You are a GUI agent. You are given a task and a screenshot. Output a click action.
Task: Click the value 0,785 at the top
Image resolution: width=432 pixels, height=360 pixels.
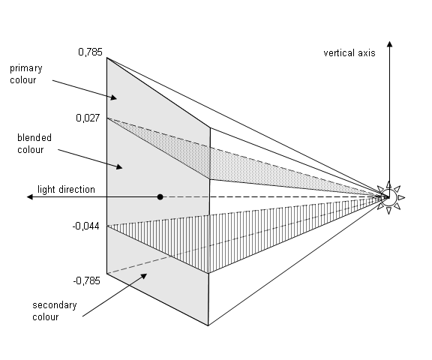coord(89,52)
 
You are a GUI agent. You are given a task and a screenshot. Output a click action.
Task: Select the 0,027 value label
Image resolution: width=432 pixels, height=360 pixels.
coord(89,118)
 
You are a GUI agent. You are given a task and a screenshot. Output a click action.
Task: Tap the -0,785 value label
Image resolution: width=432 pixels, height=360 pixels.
coord(87,280)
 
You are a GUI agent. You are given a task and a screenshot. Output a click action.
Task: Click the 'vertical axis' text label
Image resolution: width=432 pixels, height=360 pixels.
coord(349,53)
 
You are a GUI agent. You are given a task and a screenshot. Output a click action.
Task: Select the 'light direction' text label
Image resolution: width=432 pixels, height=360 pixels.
coord(66,190)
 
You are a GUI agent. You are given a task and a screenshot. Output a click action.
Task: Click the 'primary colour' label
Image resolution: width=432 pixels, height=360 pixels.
coord(26,73)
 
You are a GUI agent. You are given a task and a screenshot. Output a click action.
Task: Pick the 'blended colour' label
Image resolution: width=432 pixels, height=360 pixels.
coord(31,143)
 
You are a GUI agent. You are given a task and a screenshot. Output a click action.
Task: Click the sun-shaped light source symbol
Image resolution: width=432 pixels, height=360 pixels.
coord(388,197)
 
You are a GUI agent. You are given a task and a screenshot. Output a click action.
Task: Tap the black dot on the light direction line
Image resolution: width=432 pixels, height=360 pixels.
coord(160,197)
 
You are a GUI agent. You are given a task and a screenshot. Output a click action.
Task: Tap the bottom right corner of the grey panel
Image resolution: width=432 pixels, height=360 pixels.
coord(208,325)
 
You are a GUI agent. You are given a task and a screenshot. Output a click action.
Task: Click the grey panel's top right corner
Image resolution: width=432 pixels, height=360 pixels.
coord(209,128)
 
